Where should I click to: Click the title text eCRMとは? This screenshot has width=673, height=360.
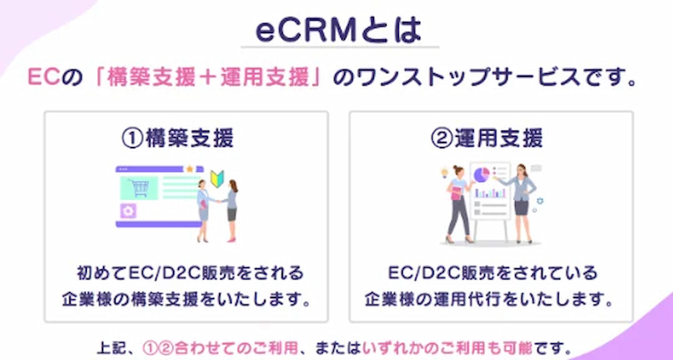339,30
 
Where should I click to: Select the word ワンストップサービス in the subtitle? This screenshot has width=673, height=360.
469,77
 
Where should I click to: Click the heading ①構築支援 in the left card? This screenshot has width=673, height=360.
177,138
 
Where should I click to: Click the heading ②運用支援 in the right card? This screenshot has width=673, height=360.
487,138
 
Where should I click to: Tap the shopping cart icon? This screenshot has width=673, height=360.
139,188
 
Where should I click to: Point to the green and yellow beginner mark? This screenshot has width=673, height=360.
217,179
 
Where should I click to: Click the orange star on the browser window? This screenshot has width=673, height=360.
189,169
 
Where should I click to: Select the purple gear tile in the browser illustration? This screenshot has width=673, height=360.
128,211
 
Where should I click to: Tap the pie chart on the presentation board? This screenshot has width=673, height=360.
481,175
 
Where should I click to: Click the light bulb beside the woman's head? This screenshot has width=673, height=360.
444,173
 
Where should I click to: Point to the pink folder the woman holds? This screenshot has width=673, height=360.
456,193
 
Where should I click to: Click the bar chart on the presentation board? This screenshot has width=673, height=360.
490,193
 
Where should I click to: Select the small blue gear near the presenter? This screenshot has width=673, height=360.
540,201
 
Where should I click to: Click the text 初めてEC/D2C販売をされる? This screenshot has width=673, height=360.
191,273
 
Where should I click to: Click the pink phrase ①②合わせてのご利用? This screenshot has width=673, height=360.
220,348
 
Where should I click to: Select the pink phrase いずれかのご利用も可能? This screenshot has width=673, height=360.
447,348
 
